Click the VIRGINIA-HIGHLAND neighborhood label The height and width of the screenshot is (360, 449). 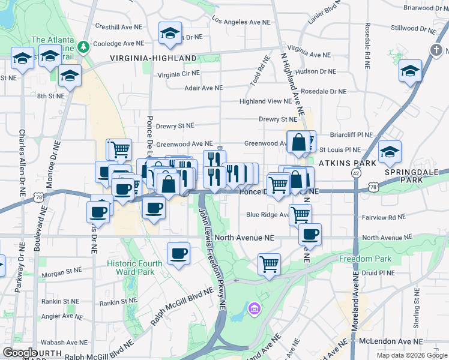point(153,58)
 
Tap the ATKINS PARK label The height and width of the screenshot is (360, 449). point(347,163)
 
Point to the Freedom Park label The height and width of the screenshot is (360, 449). point(365,259)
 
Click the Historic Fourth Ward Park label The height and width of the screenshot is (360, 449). point(134,268)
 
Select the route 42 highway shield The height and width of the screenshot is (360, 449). point(357,173)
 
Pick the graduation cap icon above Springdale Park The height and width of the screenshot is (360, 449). point(390,151)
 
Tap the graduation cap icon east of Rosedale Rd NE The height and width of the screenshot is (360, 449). point(411,71)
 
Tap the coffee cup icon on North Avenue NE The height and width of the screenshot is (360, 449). point(310,234)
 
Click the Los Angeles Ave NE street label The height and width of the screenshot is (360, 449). point(242,22)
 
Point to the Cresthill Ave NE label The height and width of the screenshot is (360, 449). point(120,27)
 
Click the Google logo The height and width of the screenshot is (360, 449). point(20,353)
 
